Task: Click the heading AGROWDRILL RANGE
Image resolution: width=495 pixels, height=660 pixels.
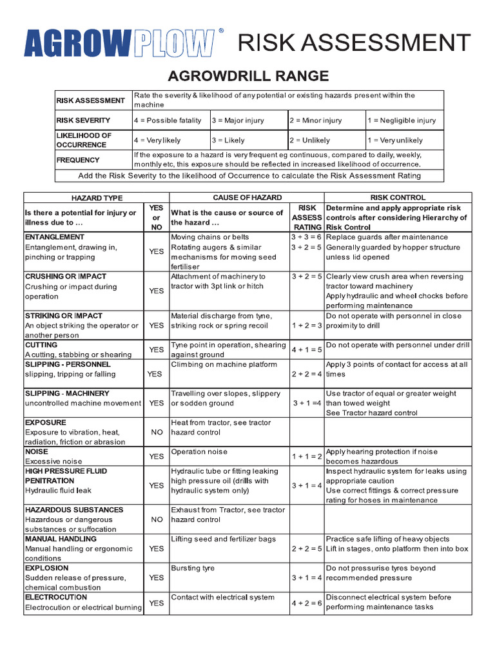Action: [x=248, y=77]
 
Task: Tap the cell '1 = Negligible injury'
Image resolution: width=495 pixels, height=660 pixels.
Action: [x=402, y=121]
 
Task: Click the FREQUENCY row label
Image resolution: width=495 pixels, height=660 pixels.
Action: [x=78, y=160]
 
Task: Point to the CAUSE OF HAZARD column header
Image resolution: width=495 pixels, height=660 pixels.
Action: [x=247, y=198]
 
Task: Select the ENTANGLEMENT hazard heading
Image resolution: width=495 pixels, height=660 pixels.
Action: [x=55, y=237]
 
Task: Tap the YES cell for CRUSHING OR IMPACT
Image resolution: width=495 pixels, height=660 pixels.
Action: [x=157, y=291]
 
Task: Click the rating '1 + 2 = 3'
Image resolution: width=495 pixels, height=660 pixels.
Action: [x=307, y=325]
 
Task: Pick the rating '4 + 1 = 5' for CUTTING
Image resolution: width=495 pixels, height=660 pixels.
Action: [x=307, y=350]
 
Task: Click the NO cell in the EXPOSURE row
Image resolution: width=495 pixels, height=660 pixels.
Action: [x=157, y=432]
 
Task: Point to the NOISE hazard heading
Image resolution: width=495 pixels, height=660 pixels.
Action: [x=36, y=452]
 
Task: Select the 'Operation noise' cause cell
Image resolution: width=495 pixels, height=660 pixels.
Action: [x=199, y=452]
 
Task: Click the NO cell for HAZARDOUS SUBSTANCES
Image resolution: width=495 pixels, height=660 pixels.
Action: [x=157, y=519]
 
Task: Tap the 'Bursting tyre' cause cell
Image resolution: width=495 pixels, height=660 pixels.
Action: [x=193, y=568]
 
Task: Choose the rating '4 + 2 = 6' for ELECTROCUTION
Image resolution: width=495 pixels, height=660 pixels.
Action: [x=307, y=603]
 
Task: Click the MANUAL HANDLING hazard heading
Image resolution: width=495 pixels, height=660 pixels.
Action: [x=61, y=539]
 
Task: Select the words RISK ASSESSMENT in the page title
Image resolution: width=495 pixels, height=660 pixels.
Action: [x=354, y=43]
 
